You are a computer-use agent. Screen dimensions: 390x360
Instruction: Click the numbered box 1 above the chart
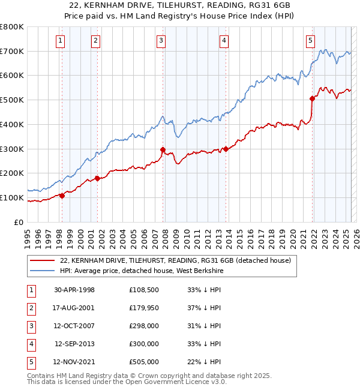[x=61, y=41]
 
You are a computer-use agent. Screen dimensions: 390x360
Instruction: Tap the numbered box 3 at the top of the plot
[x=161, y=41]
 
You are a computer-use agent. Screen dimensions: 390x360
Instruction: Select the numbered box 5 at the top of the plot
[x=310, y=41]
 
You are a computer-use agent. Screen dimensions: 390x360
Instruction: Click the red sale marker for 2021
[x=312, y=98]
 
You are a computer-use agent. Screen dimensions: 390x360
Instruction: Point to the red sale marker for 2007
[x=163, y=149]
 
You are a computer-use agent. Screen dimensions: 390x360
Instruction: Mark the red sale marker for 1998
[x=62, y=196]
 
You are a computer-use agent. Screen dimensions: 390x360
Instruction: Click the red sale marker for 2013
[x=225, y=149]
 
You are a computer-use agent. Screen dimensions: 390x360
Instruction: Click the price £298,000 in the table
[x=143, y=326]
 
